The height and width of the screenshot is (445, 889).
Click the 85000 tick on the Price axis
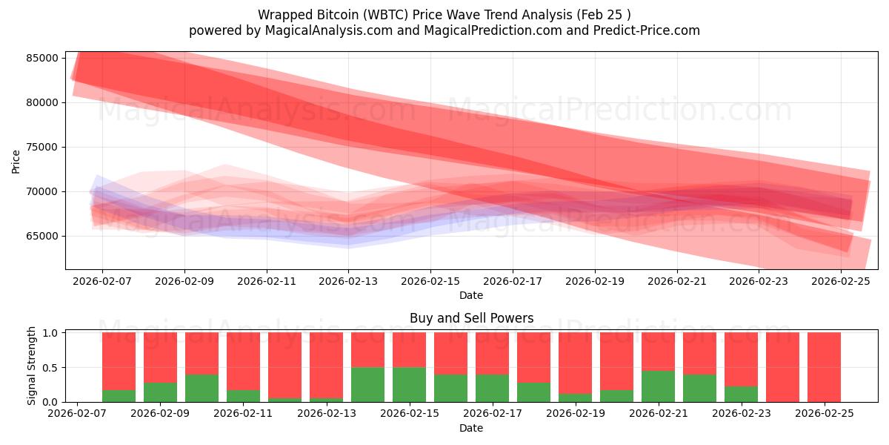click(43, 58)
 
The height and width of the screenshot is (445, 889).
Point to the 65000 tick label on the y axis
click(43, 236)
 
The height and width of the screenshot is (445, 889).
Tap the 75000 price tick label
click(43, 147)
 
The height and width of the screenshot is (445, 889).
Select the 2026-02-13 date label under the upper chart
click(348, 282)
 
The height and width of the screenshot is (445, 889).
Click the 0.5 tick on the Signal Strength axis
click(51, 368)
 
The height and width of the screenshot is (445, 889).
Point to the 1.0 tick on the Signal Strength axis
click(51, 333)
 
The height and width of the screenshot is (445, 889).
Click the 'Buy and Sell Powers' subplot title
click(471, 318)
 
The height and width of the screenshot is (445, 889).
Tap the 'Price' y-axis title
click(16, 161)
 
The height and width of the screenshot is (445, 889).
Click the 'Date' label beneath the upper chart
click(471, 295)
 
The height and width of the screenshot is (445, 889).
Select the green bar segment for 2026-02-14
click(367, 384)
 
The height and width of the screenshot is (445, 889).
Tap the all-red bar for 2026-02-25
click(824, 367)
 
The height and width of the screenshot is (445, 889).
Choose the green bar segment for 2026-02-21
click(658, 386)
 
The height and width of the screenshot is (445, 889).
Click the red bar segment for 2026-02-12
click(284, 365)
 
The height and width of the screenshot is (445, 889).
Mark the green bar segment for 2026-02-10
click(202, 388)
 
